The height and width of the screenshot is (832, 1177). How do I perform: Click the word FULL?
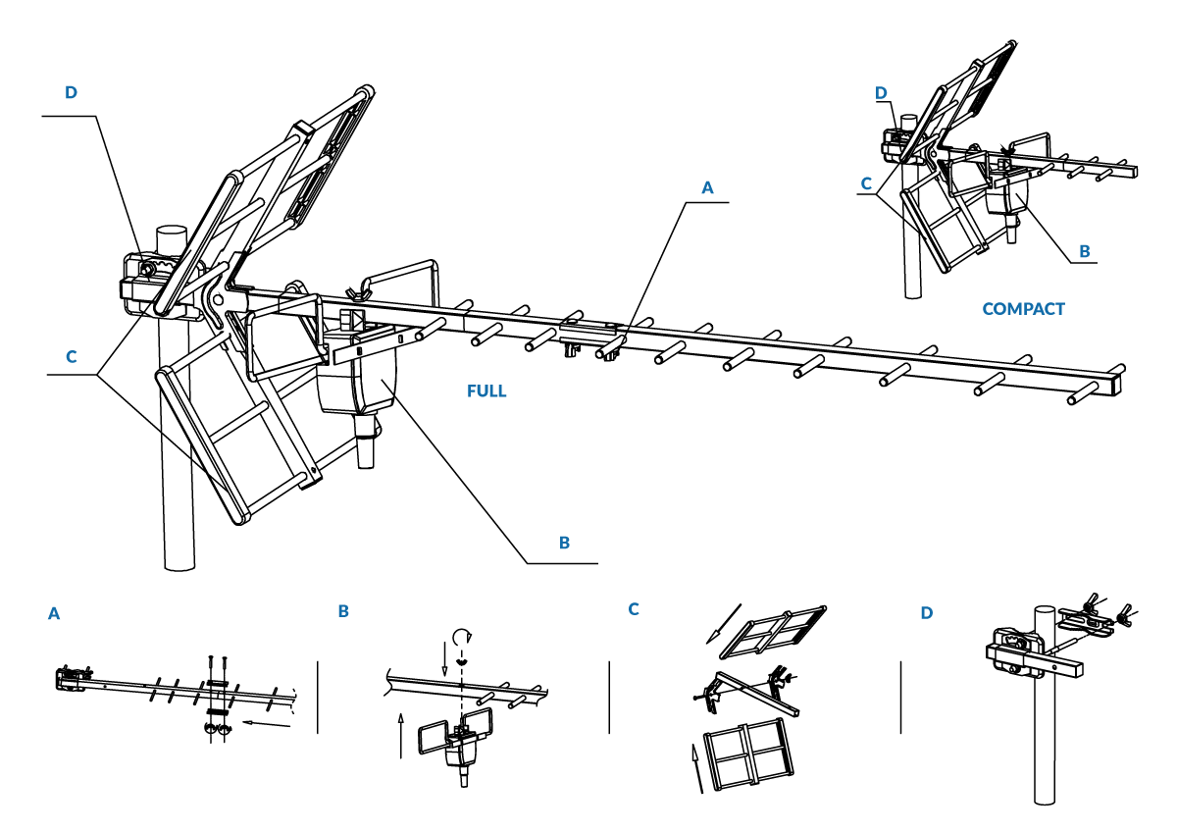(486, 390)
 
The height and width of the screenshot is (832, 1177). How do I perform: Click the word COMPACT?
(1023, 309)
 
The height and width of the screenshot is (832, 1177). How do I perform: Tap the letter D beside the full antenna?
(71, 92)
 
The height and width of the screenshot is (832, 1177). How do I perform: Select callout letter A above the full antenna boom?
(708, 187)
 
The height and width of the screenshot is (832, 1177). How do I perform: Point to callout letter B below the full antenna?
(564, 543)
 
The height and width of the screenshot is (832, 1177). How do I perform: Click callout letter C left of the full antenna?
(71, 357)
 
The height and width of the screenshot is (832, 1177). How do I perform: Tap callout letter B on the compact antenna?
(1084, 251)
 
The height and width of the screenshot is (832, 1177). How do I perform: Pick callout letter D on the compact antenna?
(881, 93)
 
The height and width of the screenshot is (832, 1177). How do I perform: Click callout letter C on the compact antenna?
(866, 183)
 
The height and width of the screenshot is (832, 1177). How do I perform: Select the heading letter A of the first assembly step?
(54, 613)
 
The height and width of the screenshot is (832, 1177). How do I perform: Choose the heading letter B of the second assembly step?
(343, 611)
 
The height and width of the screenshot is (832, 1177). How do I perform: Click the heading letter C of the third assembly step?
(634, 609)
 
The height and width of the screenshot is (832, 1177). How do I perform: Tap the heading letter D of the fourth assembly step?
(927, 613)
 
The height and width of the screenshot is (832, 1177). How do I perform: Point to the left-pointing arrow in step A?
(267, 724)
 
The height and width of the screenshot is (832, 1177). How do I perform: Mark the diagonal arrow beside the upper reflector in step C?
(727, 628)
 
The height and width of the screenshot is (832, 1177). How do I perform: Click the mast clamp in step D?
(1015, 650)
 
